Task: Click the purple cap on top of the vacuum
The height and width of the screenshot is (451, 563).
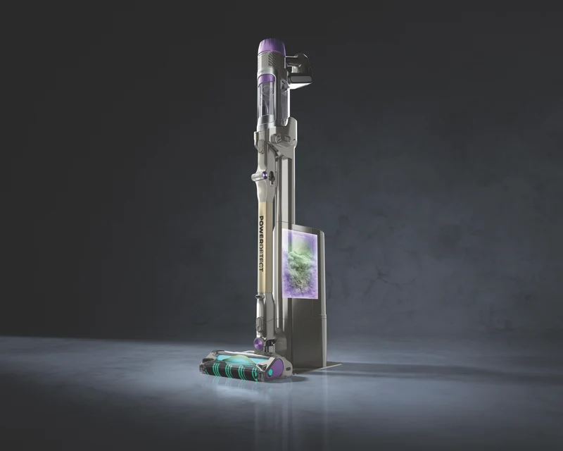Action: click(x=272, y=47)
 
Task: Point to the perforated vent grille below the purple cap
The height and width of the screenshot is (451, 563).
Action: click(x=276, y=59)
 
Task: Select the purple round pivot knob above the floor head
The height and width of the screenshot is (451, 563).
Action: click(x=258, y=341)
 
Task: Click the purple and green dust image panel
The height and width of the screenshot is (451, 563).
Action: click(x=301, y=264)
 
